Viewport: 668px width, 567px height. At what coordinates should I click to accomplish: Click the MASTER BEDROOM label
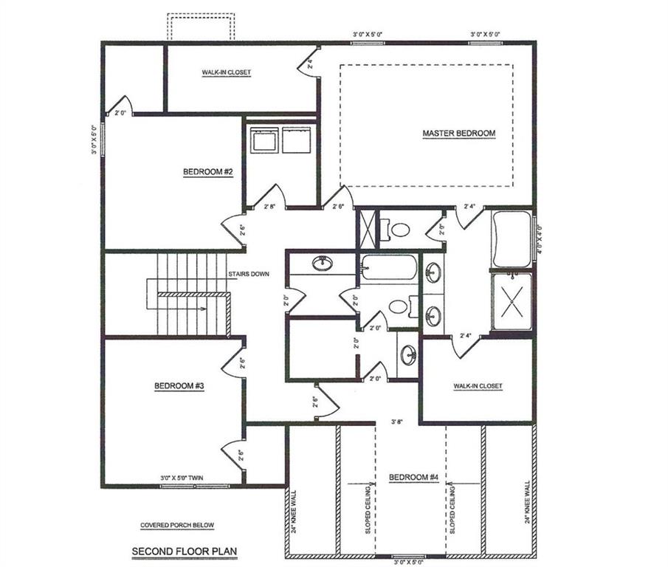point(458,134)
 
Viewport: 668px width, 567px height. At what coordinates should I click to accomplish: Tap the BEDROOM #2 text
point(208,172)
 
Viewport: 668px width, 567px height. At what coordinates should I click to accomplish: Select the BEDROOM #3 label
point(179,385)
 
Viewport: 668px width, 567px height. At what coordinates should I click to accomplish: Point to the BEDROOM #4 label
point(414,478)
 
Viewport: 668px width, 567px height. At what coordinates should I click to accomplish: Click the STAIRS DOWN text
point(248,274)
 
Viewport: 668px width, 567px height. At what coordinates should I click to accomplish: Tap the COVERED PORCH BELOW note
point(177,526)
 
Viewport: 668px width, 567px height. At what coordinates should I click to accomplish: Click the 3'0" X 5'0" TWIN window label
point(181,478)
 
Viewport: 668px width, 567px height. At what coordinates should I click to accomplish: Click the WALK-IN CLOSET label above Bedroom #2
point(227,72)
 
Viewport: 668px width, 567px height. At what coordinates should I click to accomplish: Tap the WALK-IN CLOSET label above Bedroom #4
point(478,386)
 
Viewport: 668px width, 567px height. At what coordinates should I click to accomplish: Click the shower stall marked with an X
point(512,301)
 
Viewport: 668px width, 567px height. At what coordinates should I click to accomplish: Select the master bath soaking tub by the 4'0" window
point(512,239)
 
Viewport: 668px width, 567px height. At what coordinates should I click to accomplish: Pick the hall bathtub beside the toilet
point(388,267)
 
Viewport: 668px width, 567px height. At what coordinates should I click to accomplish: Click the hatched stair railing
point(194,295)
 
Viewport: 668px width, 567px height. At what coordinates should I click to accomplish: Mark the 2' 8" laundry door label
point(271,207)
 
